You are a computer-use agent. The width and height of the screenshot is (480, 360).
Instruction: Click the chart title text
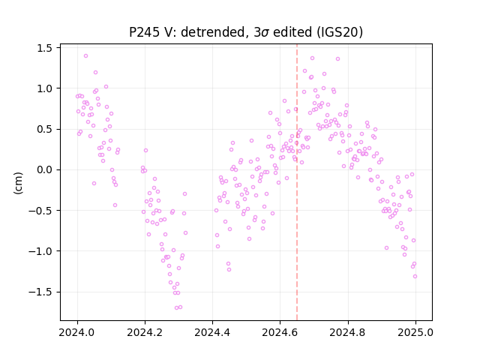(x=246, y=32)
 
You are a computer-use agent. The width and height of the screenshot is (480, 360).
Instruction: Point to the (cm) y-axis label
(x=18, y=183)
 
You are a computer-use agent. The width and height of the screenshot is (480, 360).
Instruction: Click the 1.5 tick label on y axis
(x=44, y=48)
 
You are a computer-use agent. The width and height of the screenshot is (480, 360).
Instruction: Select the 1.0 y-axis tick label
(x=44, y=88)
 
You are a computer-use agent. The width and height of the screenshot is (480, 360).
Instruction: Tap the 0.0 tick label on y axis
(x=44, y=170)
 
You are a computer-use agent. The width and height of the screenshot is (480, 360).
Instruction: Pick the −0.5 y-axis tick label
(x=40, y=211)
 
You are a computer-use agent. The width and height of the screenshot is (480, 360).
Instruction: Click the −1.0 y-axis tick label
(x=40, y=251)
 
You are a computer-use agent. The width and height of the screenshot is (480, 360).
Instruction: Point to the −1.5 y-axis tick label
(x=40, y=292)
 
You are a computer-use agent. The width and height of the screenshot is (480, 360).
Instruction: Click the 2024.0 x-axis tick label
(x=77, y=332)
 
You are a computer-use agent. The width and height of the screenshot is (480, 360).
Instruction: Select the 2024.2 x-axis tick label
(x=145, y=332)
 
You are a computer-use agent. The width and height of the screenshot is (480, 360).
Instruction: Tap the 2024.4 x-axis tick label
(x=212, y=332)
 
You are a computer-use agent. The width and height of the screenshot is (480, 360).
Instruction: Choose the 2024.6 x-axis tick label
(x=280, y=332)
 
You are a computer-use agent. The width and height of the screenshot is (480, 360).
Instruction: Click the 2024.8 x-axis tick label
(x=348, y=332)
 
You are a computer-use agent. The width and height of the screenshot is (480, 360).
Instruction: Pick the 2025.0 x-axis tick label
(x=415, y=332)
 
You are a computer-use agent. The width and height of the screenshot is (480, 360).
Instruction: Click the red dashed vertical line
(x=297, y=182)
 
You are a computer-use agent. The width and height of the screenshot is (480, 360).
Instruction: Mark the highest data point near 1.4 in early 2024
(x=85, y=55)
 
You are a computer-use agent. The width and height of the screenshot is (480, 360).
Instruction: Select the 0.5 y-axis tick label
(x=44, y=129)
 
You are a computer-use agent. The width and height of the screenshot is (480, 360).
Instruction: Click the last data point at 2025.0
(x=415, y=277)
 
